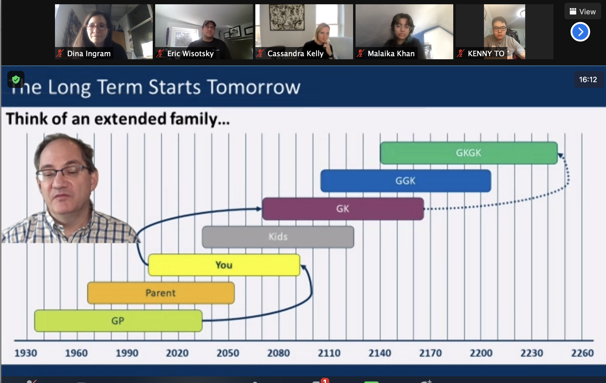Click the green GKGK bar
tap(469, 153)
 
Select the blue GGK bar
tap(406, 181)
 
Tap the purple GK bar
tap(343, 209)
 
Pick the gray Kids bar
tap(278, 237)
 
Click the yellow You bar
tap(224, 265)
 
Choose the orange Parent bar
tap(161, 293)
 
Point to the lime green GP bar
tap(118, 321)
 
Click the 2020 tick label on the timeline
tap(177, 353)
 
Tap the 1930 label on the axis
tap(26, 353)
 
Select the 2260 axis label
tap(582, 353)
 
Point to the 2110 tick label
tap(329, 353)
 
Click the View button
tap(583, 12)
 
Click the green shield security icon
tap(16, 80)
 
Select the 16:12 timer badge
tap(588, 80)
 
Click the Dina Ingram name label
tap(89, 53)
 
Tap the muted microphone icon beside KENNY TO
tap(460, 53)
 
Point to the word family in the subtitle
tap(194, 119)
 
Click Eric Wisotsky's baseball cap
tap(209, 23)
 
